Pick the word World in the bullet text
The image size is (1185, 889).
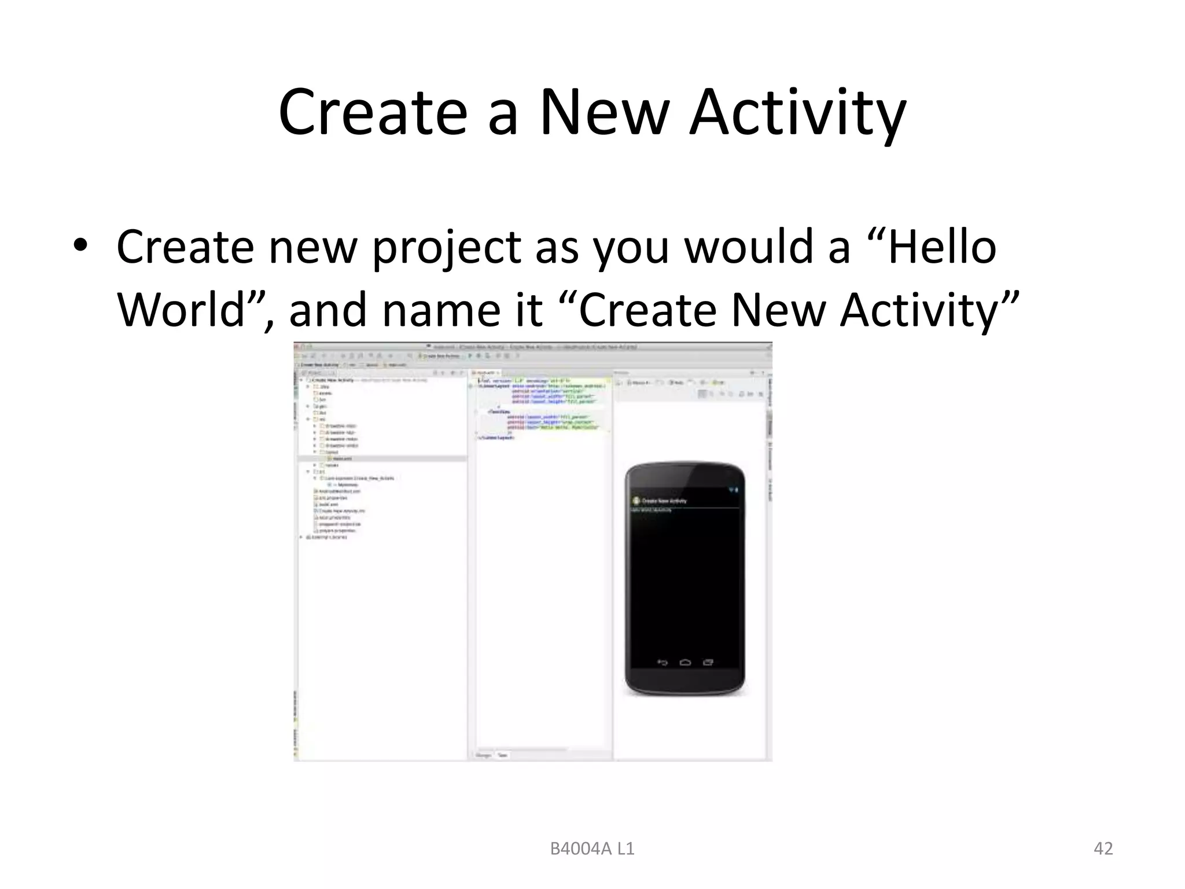click(x=183, y=309)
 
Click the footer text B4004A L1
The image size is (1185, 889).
click(x=592, y=848)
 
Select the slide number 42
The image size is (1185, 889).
click(x=1103, y=848)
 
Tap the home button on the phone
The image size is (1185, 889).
click(x=685, y=662)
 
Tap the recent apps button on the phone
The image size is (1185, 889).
click(x=708, y=662)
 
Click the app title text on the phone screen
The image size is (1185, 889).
click(x=664, y=501)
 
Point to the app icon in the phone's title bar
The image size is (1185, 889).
click(x=636, y=501)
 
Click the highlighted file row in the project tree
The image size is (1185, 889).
click(x=341, y=458)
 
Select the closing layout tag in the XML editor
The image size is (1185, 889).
click(x=496, y=438)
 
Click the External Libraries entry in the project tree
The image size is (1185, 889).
click(x=329, y=537)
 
